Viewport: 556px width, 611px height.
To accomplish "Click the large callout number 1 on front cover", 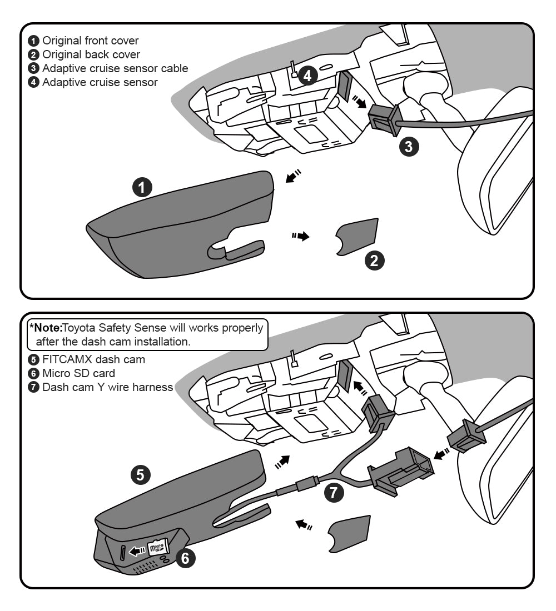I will (x=143, y=188).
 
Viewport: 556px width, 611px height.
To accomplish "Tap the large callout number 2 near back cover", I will (x=374, y=260).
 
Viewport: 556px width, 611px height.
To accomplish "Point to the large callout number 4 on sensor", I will (x=307, y=75).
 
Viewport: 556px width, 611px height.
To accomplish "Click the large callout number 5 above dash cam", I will (x=140, y=474).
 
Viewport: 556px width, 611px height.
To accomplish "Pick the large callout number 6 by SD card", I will (x=185, y=558).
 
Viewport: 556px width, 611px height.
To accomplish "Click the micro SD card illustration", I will (x=158, y=548).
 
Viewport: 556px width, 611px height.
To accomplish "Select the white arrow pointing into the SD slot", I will (x=137, y=551).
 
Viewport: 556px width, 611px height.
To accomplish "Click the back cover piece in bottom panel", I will (x=350, y=533).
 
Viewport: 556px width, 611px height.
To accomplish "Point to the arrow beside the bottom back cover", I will (x=302, y=524).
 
